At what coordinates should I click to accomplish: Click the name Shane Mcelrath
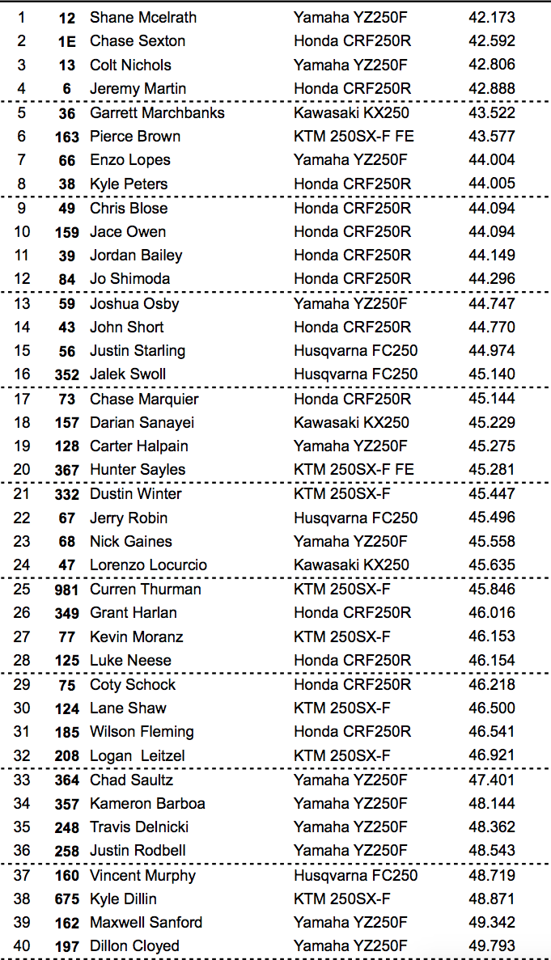pyautogui.click(x=142, y=17)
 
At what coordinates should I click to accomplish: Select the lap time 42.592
pyautogui.click(x=491, y=40)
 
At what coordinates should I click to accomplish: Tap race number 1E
pyautogui.click(x=67, y=41)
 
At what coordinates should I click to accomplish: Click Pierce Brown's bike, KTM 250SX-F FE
pyautogui.click(x=354, y=136)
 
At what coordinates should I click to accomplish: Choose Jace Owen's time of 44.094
pyautogui.click(x=491, y=231)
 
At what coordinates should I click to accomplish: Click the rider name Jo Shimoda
pyautogui.click(x=129, y=278)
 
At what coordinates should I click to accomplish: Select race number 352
pyautogui.click(x=67, y=374)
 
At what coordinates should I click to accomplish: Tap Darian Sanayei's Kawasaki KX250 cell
pyautogui.click(x=351, y=422)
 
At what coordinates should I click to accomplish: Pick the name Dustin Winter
pyautogui.click(x=135, y=493)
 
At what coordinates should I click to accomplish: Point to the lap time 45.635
pyautogui.click(x=491, y=565)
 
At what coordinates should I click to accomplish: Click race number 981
pyautogui.click(x=67, y=590)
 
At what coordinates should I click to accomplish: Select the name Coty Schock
pyautogui.click(x=132, y=684)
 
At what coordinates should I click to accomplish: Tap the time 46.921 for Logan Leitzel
pyautogui.click(x=491, y=755)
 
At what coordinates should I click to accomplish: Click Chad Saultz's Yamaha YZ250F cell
pyautogui.click(x=350, y=780)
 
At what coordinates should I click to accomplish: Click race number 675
pyautogui.click(x=67, y=899)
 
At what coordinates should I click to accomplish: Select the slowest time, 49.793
pyautogui.click(x=491, y=945)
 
